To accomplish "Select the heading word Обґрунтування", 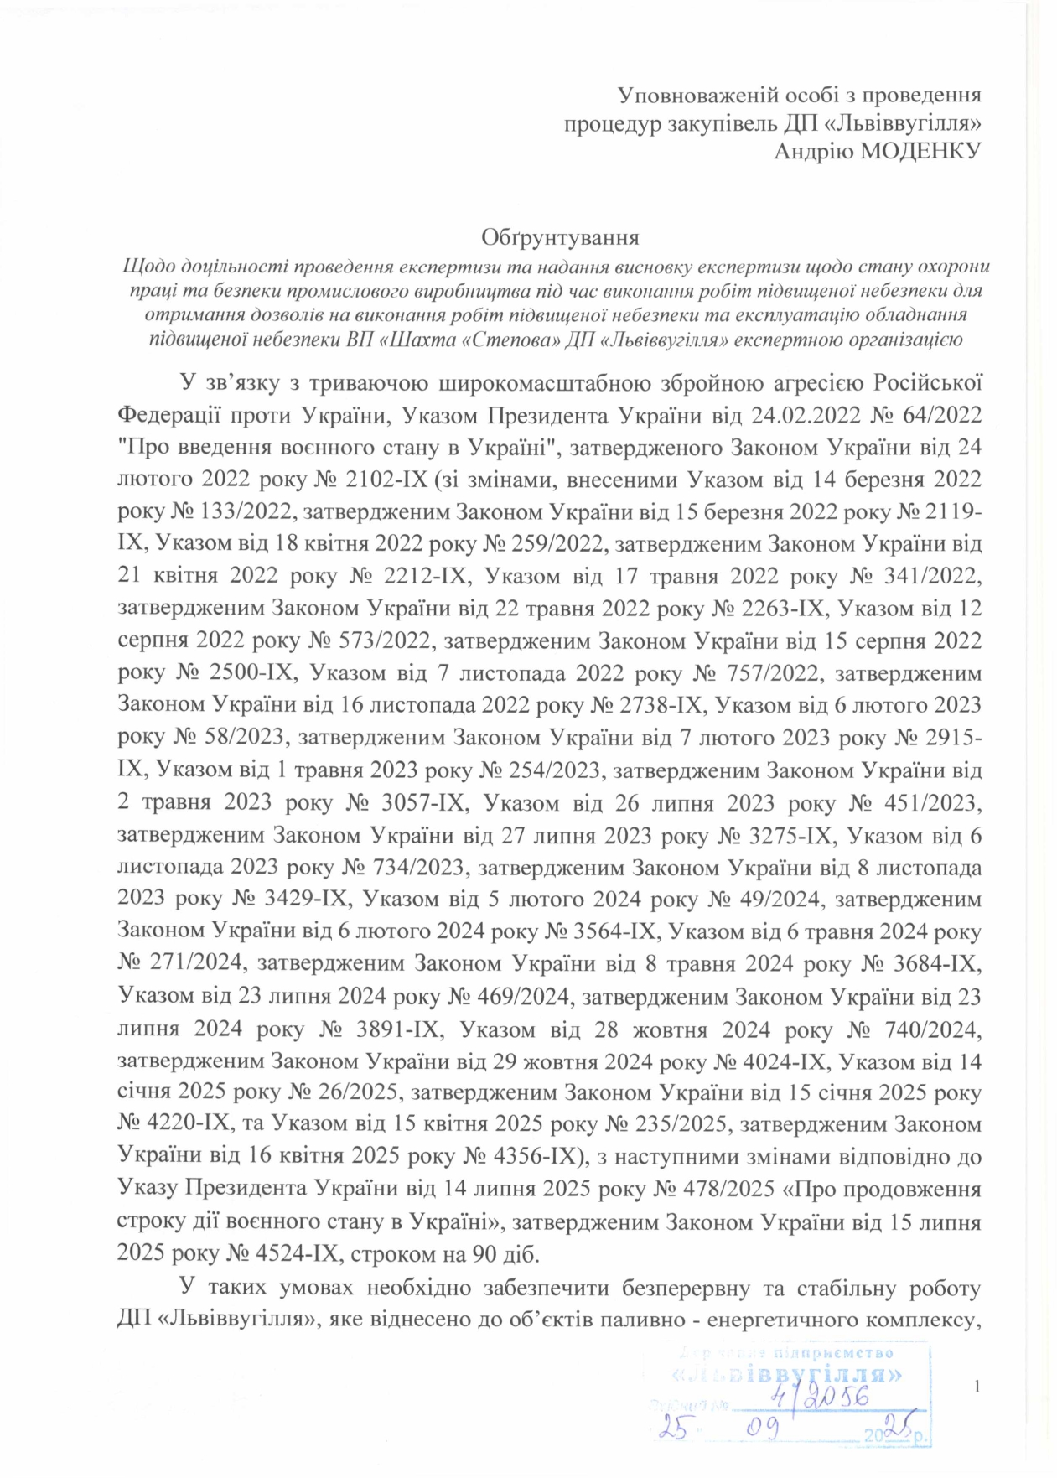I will point(560,238).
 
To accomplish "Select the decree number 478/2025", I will point(722,1190).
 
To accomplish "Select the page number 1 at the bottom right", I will point(978,1387).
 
